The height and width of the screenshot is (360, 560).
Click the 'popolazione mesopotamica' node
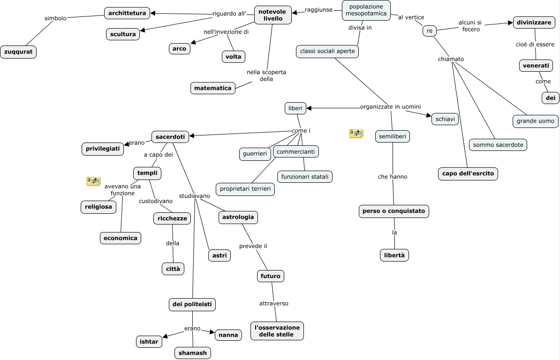(366, 10)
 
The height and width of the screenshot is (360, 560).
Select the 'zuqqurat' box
(18, 52)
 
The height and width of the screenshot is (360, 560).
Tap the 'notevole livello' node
(273, 15)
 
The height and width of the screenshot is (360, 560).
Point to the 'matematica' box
(213, 88)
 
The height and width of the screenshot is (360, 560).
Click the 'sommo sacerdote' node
(498, 145)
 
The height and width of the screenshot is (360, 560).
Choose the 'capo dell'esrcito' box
(468, 174)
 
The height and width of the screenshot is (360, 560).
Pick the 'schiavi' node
(445, 119)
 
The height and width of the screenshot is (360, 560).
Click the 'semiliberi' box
(393, 136)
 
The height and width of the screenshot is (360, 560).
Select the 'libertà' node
(394, 255)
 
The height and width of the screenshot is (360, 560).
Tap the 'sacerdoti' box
(170, 137)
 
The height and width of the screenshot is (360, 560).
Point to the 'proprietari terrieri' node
(245, 189)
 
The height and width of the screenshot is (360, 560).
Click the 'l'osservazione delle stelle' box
(277, 330)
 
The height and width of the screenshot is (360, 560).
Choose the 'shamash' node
(193, 353)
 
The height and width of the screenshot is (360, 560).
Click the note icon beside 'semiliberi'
(356, 134)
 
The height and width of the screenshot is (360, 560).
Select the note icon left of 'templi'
(94, 181)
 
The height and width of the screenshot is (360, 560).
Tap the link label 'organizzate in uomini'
(391, 106)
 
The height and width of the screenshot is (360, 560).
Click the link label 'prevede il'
(253, 246)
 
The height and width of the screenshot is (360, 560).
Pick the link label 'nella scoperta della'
(266, 75)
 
